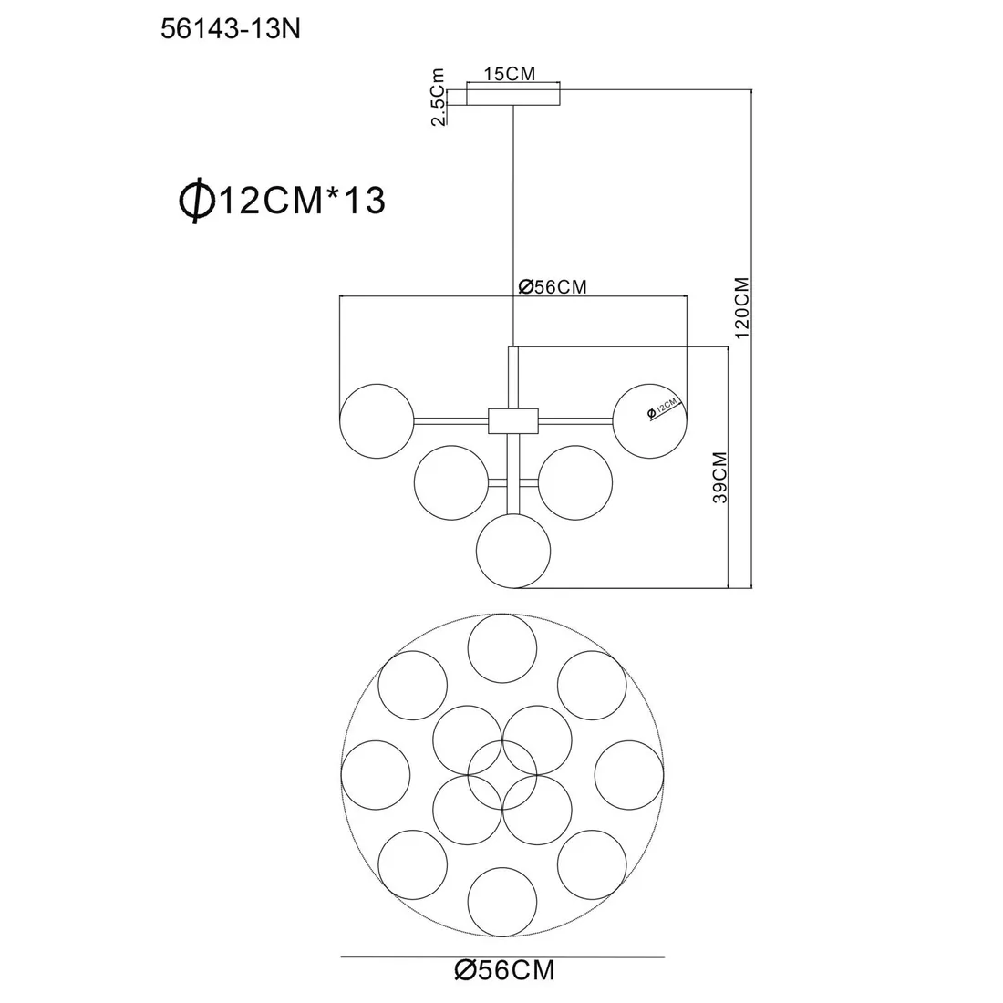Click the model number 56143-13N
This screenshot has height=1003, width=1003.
pyautogui.click(x=231, y=29)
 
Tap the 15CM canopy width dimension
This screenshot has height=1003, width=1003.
pyautogui.click(x=509, y=74)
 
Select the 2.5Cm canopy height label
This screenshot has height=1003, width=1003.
pyautogui.click(x=438, y=98)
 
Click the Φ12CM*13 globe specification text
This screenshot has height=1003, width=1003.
pyautogui.click(x=282, y=200)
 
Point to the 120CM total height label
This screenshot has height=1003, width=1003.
pyautogui.click(x=741, y=307)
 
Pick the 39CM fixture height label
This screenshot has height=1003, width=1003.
pyautogui.click(x=720, y=477)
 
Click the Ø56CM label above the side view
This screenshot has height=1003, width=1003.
pyautogui.click(x=552, y=286)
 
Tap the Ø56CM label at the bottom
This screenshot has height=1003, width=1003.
pyautogui.click(x=505, y=970)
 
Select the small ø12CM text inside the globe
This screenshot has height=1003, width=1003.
pyautogui.click(x=662, y=408)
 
